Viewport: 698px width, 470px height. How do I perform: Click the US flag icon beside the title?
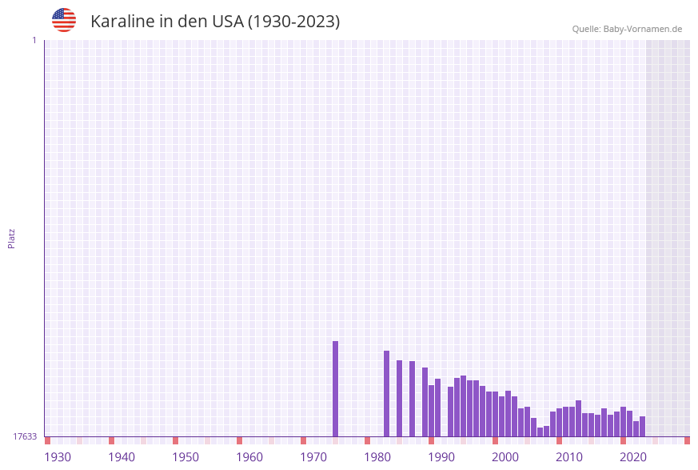[x=64, y=20]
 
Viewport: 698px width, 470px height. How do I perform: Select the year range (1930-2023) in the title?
[x=293, y=22]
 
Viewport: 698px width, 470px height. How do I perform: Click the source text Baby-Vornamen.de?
[x=644, y=29]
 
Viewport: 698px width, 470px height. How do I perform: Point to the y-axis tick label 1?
[x=34, y=40]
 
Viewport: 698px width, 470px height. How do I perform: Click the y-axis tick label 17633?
[x=25, y=436]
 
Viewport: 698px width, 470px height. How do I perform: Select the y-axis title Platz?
[x=12, y=238]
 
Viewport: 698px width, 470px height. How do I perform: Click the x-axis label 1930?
[x=58, y=457]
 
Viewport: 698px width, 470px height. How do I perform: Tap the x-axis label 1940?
[x=122, y=457]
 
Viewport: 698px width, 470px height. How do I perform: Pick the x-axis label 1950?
[x=185, y=457]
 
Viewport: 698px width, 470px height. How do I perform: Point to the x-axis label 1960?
[x=249, y=457]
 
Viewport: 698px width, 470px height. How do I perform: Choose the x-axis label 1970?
[x=313, y=457]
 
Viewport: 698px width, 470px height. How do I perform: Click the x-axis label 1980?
[x=377, y=457]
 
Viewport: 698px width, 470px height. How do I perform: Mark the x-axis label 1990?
[x=441, y=457]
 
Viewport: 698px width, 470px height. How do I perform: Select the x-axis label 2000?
[x=505, y=457]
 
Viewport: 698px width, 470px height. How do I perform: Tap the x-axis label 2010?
[x=569, y=457]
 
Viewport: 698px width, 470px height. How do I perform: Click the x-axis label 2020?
[x=633, y=457]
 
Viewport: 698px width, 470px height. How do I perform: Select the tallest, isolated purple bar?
[x=336, y=388]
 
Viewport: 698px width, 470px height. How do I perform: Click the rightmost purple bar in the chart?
[x=642, y=427]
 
